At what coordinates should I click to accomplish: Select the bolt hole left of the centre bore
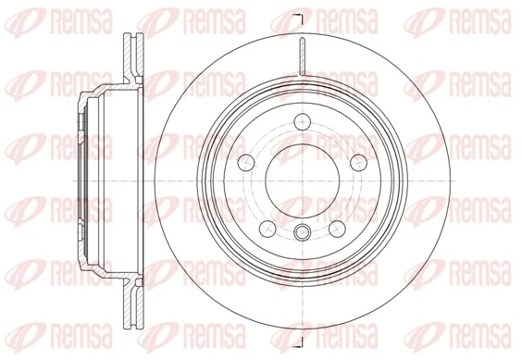(x=246, y=163)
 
